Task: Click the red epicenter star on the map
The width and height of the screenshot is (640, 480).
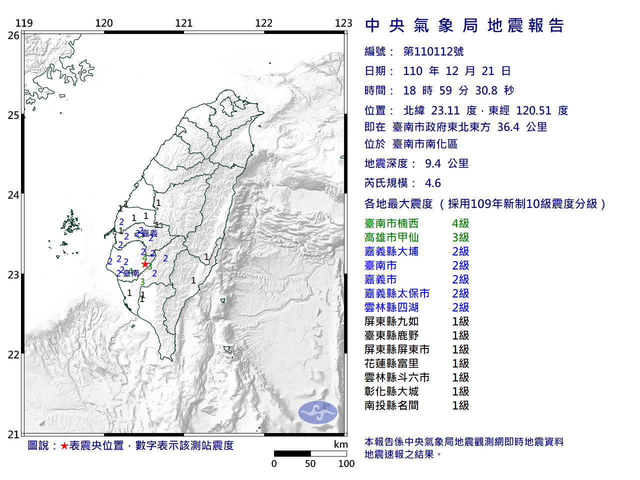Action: tap(145, 264)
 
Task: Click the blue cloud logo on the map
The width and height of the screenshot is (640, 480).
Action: tap(318, 412)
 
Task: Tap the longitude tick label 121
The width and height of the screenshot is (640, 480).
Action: tap(184, 23)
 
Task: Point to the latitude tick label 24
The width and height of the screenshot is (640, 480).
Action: tap(13, 195)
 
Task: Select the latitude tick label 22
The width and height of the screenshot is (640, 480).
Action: tap(13, 355)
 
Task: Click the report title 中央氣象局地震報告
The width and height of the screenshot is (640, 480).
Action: tap(464, 25)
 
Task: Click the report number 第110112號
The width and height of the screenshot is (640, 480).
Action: tap(433, 51)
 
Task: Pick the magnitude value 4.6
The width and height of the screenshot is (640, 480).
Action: tap(433, 183)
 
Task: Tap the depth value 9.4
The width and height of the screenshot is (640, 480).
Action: tap(433, 163)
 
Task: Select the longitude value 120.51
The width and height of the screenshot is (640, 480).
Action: tap(533, 110)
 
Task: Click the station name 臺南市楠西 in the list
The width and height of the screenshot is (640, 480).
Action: tap(391, 223)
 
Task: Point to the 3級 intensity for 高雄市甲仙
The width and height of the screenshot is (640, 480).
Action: tap(460, 237)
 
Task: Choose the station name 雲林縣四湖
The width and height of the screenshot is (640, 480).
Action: tap(391, 307)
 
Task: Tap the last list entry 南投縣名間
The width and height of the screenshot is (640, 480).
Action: tap(391, 405)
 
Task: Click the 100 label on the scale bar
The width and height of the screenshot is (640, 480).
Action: tap(346, 463)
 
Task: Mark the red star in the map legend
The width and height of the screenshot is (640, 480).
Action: tap(64, 445)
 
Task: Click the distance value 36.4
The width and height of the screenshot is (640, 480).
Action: tap(508, 127)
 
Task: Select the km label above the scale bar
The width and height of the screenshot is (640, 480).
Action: tap(340, 444)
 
